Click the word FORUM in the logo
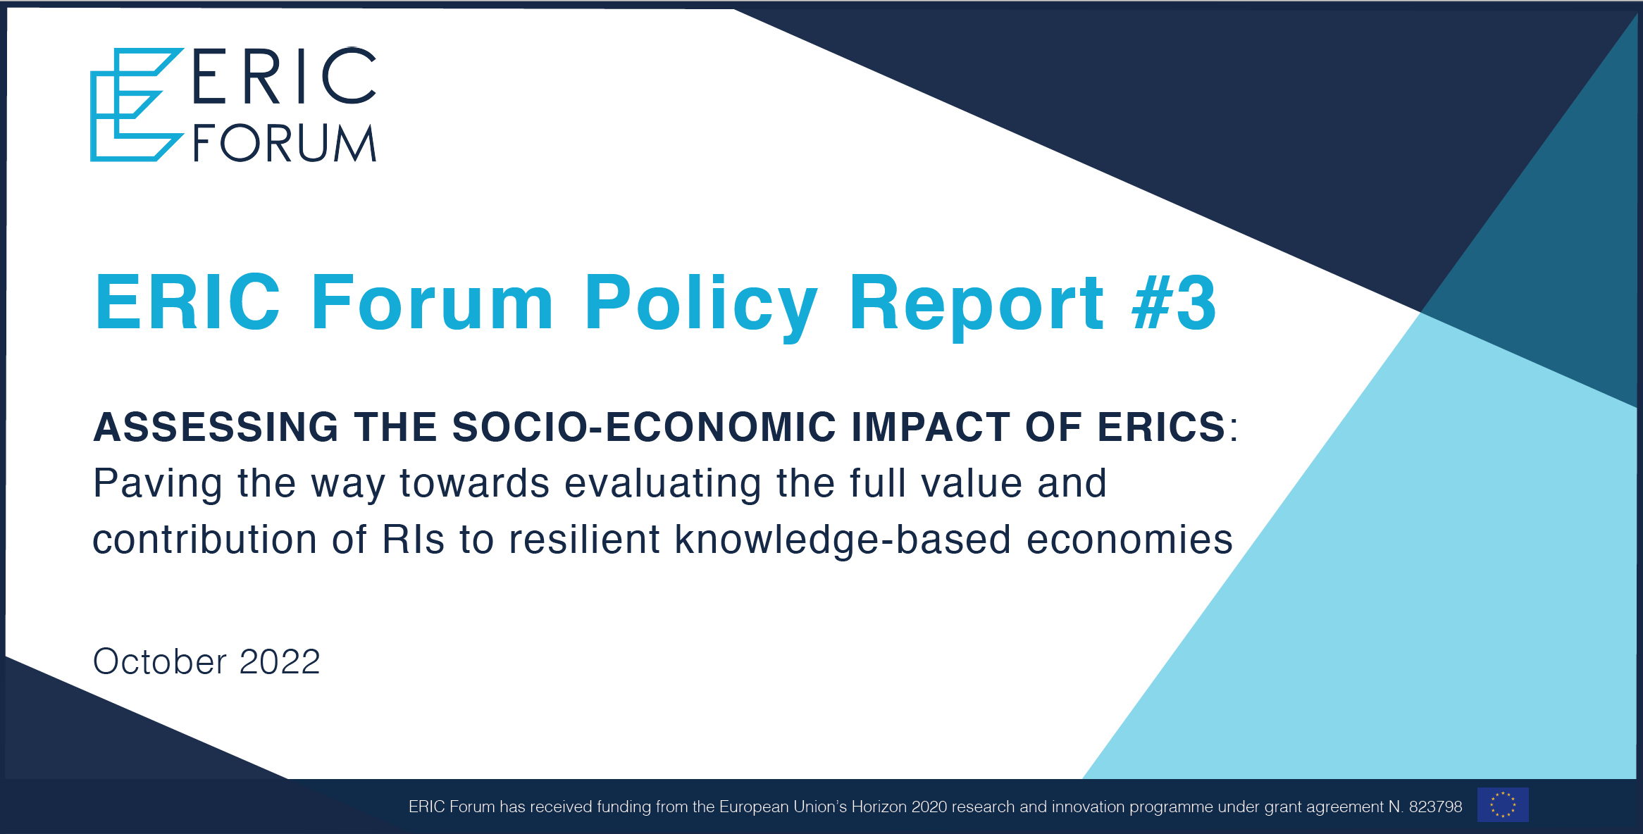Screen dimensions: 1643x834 (x=285, y=144)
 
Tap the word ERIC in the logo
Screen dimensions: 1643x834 (x=285, y=76)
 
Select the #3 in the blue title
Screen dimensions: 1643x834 (x=1174, y=303)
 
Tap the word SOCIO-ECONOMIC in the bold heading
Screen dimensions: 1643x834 (x=644, y=427)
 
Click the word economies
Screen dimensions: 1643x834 (x=1129, y=540)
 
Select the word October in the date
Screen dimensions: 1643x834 (x=160, y=661)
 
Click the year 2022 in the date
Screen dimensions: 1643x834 (x=280, y=661)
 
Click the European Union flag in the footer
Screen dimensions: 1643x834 (x=1503, y=804)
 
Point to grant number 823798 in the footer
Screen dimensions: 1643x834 (x=1436, y=807)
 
